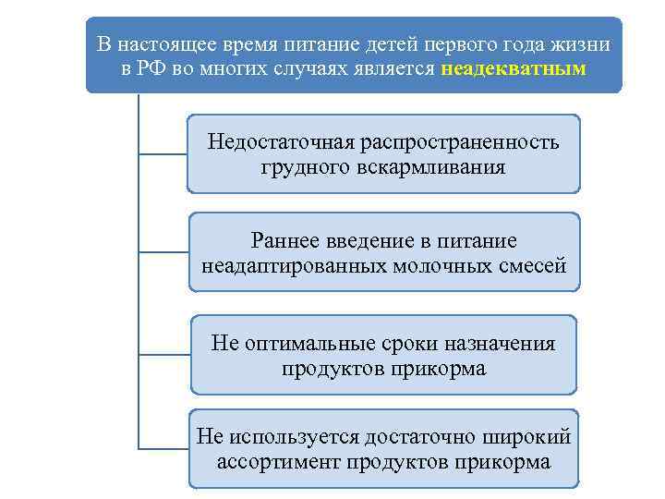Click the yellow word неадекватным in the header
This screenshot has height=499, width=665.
514,70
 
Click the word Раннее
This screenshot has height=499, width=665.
284,241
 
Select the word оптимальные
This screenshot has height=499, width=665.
301,344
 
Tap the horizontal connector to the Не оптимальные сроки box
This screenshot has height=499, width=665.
163,354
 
